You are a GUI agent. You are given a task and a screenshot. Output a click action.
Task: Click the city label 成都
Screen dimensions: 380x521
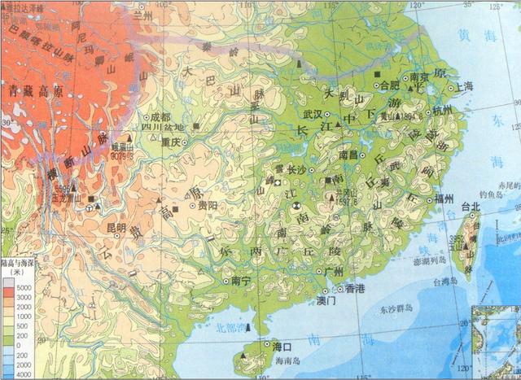(160, 116)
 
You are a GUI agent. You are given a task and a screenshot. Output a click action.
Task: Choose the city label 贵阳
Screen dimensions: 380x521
(207, 206)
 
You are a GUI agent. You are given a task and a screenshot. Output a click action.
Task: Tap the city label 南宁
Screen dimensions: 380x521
(242, 280)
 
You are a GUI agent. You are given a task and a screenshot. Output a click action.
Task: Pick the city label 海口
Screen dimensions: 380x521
(260, 346)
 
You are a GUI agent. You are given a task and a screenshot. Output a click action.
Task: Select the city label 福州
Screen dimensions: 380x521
(444, 199)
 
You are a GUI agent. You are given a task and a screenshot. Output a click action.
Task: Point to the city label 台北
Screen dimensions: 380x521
(471, 207)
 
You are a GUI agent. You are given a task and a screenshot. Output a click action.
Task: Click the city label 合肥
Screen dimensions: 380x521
(390, 84)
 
